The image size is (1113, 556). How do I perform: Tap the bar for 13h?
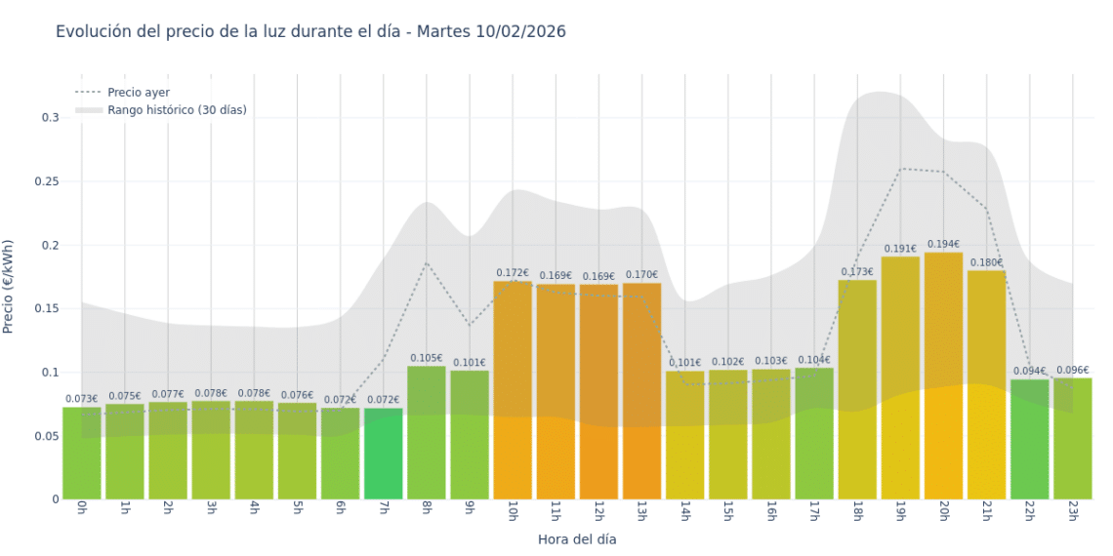641,390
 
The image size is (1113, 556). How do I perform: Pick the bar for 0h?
82,454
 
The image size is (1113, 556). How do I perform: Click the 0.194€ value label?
943,245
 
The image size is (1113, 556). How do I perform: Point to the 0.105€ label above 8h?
426,358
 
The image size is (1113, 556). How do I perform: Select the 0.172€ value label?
513,273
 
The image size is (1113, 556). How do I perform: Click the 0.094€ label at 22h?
1029,371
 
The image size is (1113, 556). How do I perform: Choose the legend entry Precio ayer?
139,93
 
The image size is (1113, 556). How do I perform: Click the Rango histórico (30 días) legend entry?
177,110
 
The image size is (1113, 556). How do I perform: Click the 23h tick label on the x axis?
1072,512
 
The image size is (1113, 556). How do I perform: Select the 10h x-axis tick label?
513,512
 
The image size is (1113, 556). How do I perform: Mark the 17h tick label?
813,512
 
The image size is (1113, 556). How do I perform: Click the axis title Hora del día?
577,538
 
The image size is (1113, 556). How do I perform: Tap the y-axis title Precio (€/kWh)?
10,287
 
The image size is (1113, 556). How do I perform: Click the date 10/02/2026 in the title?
521,32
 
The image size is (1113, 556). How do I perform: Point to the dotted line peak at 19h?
900,169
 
